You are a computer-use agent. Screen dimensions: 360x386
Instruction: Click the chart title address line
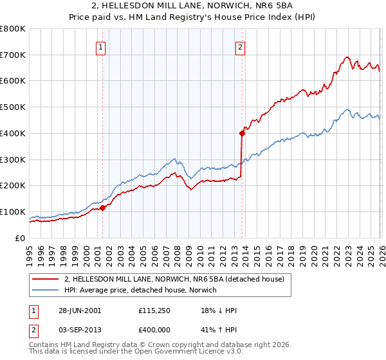(x=193, y=6)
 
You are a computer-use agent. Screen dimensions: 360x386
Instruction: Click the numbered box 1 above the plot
(x=102, y=46)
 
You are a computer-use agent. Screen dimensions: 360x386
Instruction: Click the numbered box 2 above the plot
(x=239, y=46)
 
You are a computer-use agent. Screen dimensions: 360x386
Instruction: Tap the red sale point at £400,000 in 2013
(x=242, y=134)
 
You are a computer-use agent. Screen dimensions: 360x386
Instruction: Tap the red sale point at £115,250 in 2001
(x=103, y=208)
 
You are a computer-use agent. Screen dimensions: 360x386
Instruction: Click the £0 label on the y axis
(x=21, y=238)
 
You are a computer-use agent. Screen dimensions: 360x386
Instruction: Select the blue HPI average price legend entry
(x=140, y=291)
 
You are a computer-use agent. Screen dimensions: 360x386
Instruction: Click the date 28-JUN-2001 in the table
(x=80, y=310)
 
